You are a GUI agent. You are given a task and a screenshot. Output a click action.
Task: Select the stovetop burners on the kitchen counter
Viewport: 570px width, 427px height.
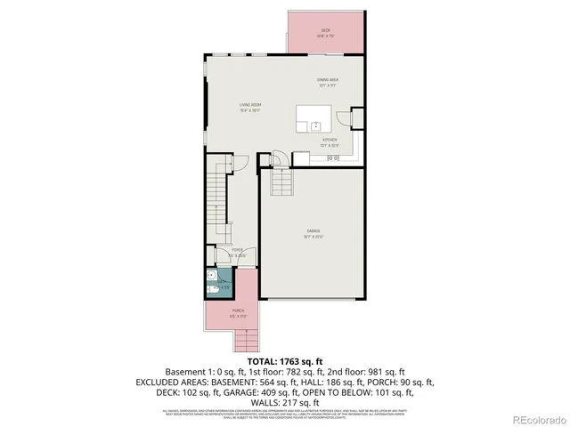[x=334, y=158]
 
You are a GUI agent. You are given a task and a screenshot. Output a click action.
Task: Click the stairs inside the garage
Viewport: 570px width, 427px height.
[x=281, y=182]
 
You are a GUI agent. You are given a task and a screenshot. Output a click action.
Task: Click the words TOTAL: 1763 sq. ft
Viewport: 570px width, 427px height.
[x=285, y=360]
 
